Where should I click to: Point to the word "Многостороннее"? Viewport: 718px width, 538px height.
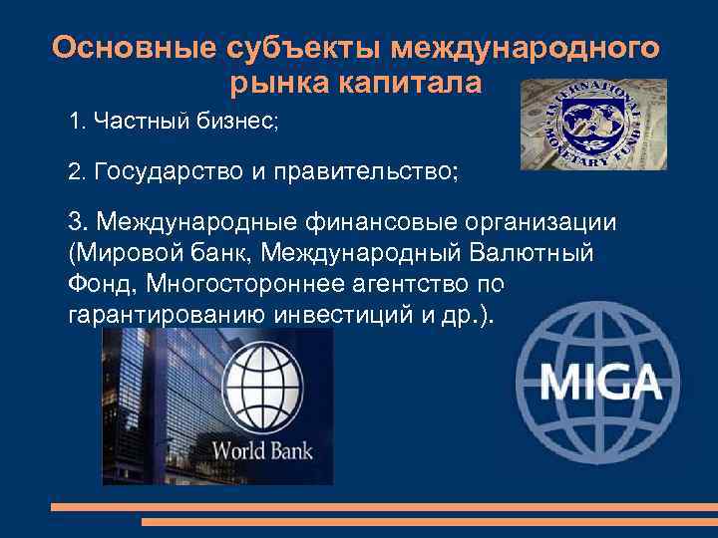(270, 284)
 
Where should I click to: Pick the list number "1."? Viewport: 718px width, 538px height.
(78, 123)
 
